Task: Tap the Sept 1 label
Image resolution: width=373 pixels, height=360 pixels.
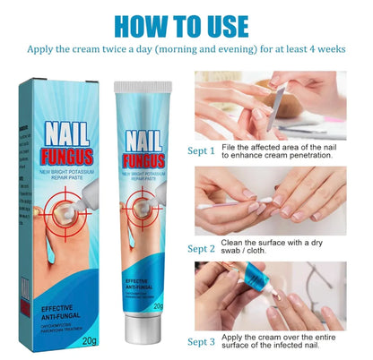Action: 203,152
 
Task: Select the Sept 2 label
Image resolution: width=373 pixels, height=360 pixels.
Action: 203,248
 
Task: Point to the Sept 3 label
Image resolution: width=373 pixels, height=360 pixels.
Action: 203,342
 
